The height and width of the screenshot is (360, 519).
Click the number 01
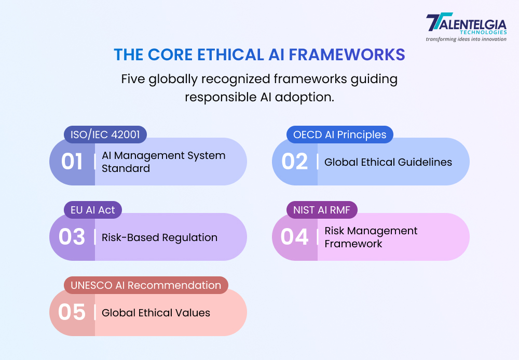pyautogui.click(x=72, y=162)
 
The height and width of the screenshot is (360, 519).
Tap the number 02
pyautogui.click(x=294, y=162)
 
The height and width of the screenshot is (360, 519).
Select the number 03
pyautogui.click(x=72, y=237)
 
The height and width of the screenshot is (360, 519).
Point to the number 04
pyautogui.click(x=294, y=237)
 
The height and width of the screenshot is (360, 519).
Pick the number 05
pyautogui.click(x=72, y=312)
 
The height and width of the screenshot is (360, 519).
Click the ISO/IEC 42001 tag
pyautogui.click(x=105, y=135)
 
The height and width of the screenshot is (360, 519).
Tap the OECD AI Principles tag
pyautogui.click(x=340, y=135)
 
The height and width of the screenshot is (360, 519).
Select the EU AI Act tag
pyautogui.click(x=93, y=210)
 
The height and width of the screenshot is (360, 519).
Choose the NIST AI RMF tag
pyautogui.click(x=322, y=210)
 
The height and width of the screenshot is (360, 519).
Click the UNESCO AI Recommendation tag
pyautogui.click(x=146, y=285)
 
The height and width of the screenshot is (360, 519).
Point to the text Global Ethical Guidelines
pyautogui.click(x=388, y=162)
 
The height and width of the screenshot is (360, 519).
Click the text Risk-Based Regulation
pyautogui.click(x=159, y=237)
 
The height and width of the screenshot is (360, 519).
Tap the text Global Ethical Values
pyautogui.click(x=156, y=313)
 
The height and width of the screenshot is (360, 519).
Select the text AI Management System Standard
pyautogui.click(x=163, y=162)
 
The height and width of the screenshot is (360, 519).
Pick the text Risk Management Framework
pyautogui.click(x=371, y=237)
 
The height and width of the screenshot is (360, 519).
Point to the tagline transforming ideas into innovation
pyautogui.click(x=466, y=39)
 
